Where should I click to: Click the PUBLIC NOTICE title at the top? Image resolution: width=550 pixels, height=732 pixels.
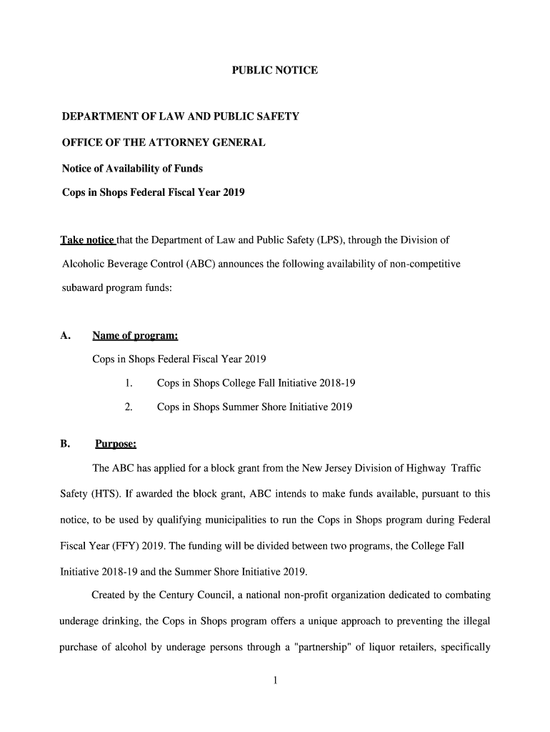[x=275, y=71]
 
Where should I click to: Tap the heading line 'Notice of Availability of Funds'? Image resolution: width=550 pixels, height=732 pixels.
[x=132, y=168]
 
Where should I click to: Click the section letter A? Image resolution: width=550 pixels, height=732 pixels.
[x=65, y=336]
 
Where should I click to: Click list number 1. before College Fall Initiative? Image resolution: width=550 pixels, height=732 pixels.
[x=129, y=383]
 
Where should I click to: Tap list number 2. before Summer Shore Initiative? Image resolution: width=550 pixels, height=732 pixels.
[x=129, y=407]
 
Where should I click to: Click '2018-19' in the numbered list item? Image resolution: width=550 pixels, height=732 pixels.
[x=339, y=383]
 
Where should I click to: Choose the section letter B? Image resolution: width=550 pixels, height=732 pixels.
[x=65, y=444]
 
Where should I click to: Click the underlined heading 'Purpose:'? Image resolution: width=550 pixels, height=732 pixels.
[x=116, y=444]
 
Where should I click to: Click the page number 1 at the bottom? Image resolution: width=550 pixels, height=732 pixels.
[x=275, y=681]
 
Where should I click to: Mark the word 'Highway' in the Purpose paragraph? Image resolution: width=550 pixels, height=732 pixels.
[x=426, y=468]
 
